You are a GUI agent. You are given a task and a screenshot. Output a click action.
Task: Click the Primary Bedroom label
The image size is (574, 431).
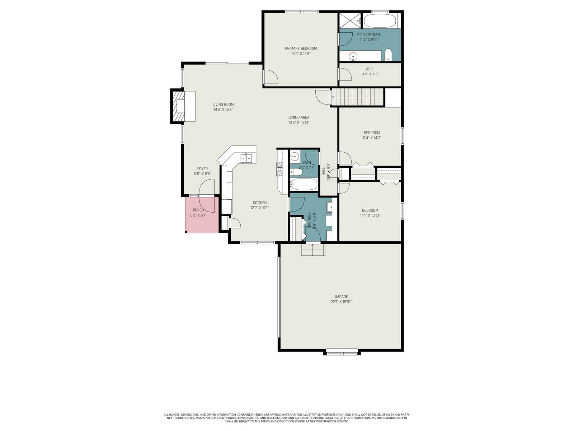coord(301,48)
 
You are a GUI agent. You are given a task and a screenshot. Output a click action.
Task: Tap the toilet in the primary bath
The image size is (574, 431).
coord(388,55)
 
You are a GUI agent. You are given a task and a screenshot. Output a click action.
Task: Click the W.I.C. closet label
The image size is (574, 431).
coord(370,69)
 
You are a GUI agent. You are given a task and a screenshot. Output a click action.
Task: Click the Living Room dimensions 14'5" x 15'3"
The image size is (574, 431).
coord(223,110)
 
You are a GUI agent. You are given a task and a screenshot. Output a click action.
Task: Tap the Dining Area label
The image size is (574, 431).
coord(298,117)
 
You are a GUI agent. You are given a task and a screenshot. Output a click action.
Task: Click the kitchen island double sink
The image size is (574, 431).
coord(63,158)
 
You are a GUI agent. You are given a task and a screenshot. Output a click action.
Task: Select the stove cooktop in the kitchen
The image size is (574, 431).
coord(279,169)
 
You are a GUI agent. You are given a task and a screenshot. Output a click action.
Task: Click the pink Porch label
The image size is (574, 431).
coord(198,210)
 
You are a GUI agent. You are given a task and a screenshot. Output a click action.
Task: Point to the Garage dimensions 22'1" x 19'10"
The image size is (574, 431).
coord(341,302)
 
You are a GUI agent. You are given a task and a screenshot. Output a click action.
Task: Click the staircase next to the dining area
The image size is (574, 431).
coord(357,97)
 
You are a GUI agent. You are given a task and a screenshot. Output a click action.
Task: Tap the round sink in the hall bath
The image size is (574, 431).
coord(295,156)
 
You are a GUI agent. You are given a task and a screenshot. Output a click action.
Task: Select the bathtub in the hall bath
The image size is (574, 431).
coord(304,184)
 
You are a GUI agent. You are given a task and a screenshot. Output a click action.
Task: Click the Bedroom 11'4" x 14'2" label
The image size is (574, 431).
coord(372,133)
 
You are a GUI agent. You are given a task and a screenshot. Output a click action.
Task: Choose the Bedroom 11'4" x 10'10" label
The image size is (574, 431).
coord(370,210)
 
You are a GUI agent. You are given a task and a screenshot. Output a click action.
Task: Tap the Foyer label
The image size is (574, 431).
coord(202,169)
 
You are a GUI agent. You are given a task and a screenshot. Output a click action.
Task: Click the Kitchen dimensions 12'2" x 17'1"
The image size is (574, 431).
coord(260,208)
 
